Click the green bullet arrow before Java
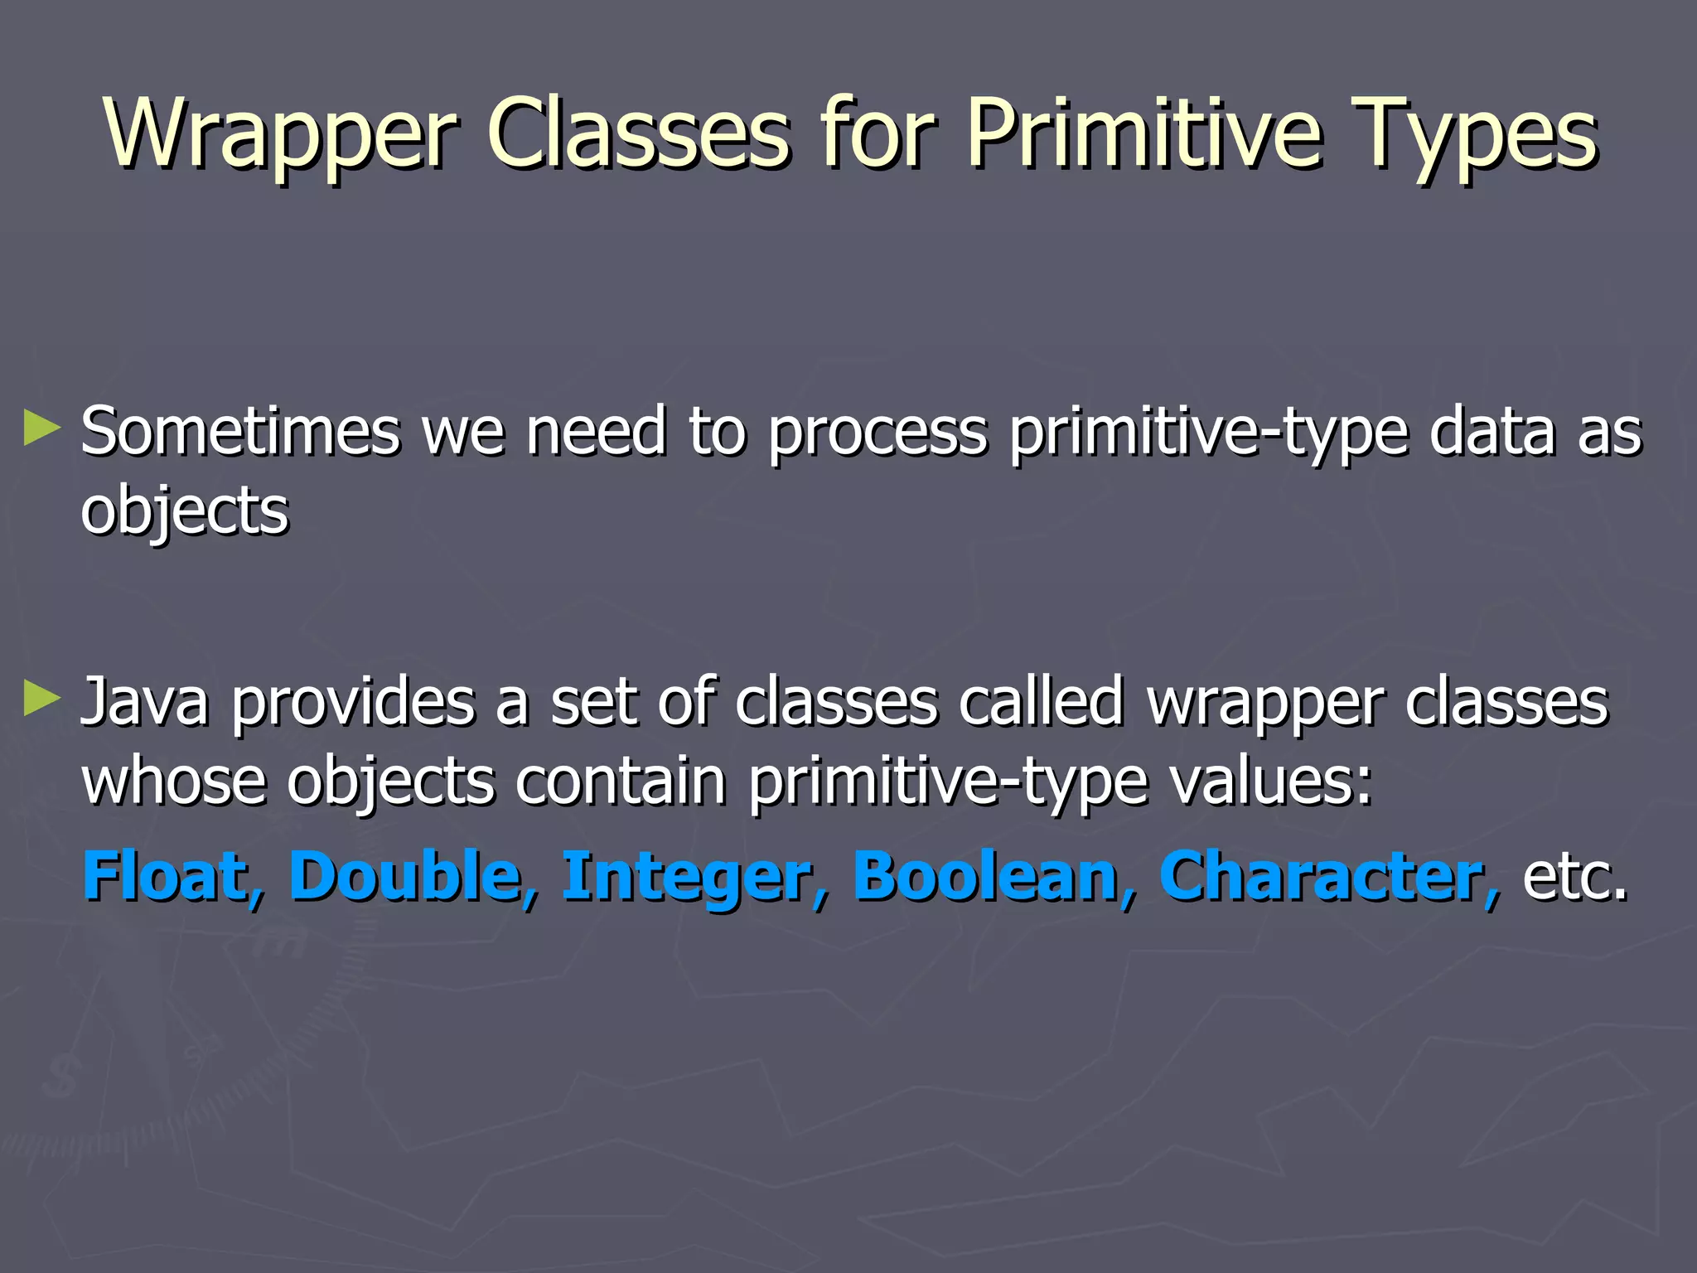click(x=42, y=698)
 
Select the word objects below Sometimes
click(x=184, y=511)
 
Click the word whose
click(x=174, y=781)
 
